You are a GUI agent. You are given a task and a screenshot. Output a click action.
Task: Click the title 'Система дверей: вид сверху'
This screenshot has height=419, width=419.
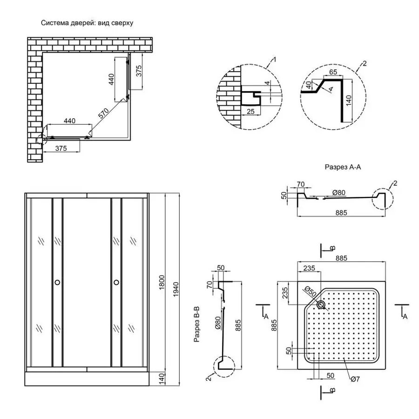coord(87,23)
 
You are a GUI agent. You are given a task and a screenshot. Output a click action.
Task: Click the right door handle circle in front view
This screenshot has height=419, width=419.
coord(116,282)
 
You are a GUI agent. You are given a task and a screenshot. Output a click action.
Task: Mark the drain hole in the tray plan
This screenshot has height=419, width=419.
coord(321,305)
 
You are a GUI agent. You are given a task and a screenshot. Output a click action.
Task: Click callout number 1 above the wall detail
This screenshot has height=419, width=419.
coord(275,59)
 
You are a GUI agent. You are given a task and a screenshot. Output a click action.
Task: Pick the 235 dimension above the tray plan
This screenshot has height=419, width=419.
coord(309,268)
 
